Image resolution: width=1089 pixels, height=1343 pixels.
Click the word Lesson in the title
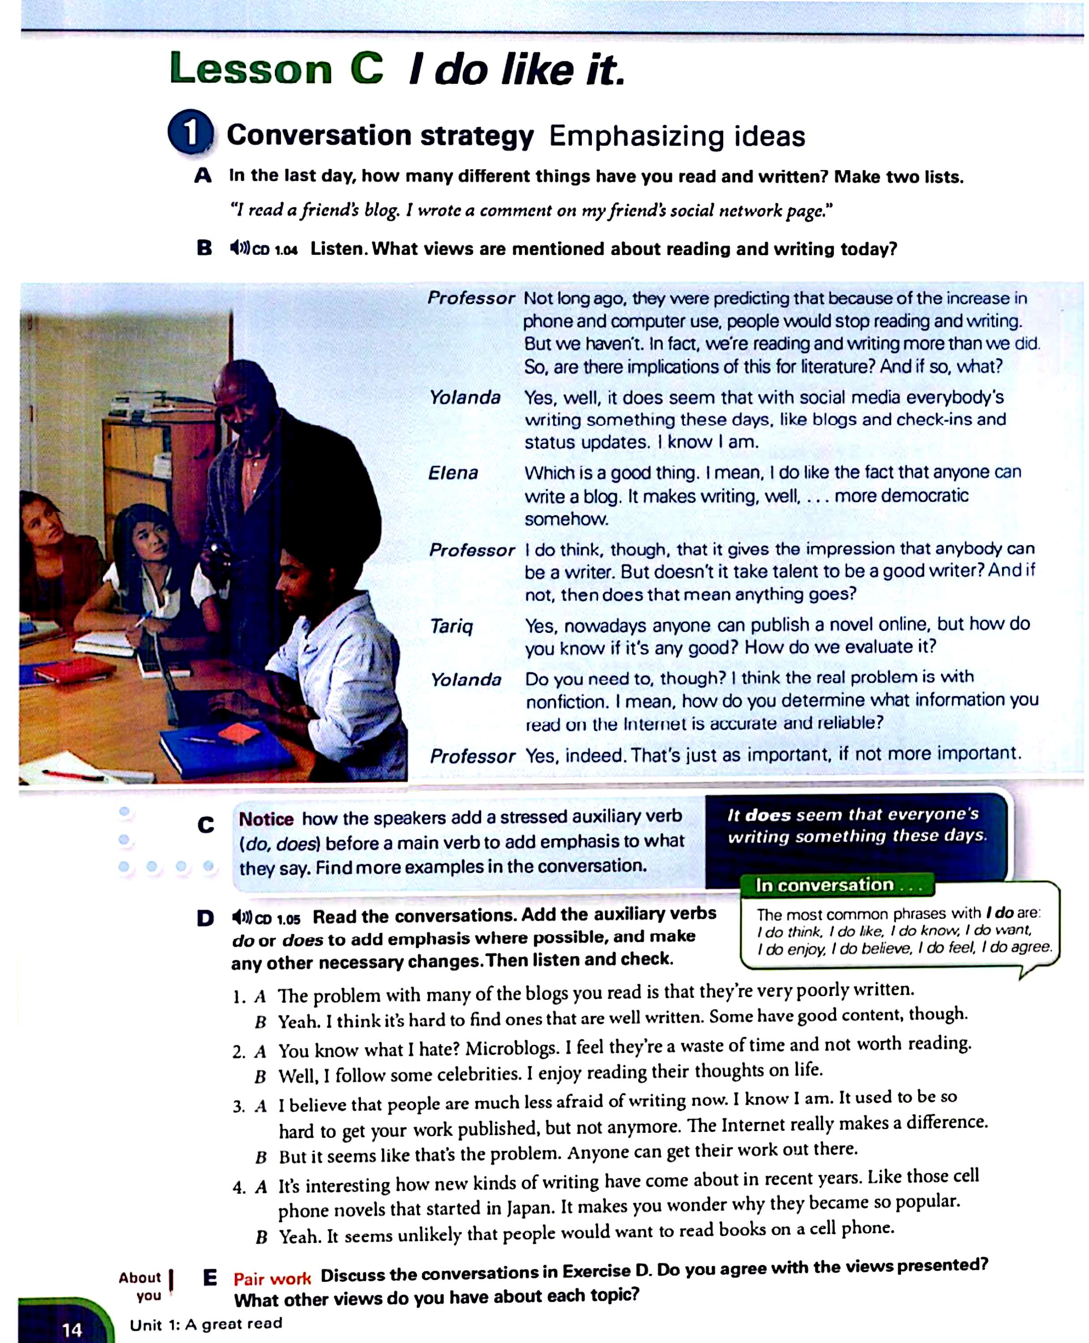[250, 69]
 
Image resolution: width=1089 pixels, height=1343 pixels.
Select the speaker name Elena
[453, 473]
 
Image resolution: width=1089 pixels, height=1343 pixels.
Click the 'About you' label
[141, 1287]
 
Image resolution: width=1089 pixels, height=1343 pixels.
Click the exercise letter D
[205, 919]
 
